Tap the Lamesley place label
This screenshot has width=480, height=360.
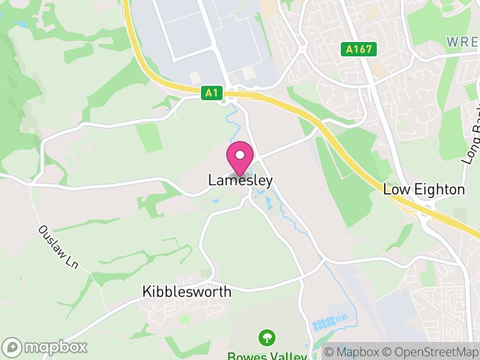(x=241, y=180)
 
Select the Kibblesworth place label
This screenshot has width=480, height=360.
(x=187, y=292)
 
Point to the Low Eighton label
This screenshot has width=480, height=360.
(x=424, y=190)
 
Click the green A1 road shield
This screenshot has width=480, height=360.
(x=211, y=93)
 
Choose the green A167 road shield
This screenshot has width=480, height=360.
(x=359, y=49)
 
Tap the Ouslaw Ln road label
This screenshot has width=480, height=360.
(x=59, y=246)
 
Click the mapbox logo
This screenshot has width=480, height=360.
(x=45, y=347)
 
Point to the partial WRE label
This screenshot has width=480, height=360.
(x=463, y=42)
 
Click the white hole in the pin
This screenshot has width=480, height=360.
(x=240, y=154)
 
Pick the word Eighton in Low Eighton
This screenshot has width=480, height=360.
(x=436, y=190)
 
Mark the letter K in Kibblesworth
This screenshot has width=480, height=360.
(x=146, y=292)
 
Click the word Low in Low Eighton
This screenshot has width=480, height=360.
(x=394, y=190)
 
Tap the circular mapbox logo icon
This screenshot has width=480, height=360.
(x=12, y=347)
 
